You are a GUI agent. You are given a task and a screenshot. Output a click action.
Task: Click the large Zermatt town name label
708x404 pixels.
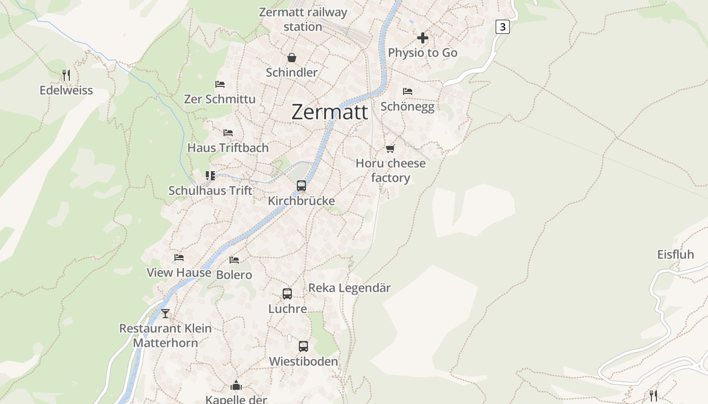tap(330, 112)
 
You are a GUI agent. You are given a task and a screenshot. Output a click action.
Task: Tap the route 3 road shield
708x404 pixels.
tap(502, 27)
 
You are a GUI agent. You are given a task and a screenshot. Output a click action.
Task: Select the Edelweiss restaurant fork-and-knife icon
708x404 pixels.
tap(66, 75)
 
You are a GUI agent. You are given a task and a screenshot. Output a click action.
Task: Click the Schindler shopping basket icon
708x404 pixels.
tap(292, 58)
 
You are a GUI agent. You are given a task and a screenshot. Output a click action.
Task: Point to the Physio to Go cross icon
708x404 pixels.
tap(422, 38)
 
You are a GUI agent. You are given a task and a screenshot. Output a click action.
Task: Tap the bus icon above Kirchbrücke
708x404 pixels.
tap(301, 186)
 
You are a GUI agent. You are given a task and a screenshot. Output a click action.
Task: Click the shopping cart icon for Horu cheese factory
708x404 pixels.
tap(390, 148)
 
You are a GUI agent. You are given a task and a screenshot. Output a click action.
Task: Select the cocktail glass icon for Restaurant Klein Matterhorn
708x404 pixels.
tap(165, 313)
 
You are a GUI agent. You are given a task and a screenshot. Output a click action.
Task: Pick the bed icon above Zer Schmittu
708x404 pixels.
tap(219, 84)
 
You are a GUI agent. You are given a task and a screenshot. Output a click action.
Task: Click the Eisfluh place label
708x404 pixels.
tap(676, 255)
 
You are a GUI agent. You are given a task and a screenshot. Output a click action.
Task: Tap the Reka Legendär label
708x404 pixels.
tap(349, 288)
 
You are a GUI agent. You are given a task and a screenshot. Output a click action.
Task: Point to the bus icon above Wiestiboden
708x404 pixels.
tap(303, 346)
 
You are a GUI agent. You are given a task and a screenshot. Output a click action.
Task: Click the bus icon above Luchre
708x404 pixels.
tap(287, 294)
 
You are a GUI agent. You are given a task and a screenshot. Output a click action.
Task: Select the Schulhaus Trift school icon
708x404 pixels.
tap(210, 176)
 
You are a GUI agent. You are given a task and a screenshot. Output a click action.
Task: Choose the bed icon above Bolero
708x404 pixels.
tap(234, 260)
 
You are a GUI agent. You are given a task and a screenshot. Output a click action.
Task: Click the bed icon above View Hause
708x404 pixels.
tap(179, 258)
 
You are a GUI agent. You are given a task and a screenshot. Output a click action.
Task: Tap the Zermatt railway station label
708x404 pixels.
tap(303, 19)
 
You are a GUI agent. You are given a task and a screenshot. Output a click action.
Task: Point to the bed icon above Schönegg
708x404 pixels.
tap(408, 91)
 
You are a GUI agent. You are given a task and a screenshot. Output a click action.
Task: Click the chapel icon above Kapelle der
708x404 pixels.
tap(236, 386)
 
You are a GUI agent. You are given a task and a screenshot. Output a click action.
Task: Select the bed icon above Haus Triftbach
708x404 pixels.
tap(228, 133)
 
